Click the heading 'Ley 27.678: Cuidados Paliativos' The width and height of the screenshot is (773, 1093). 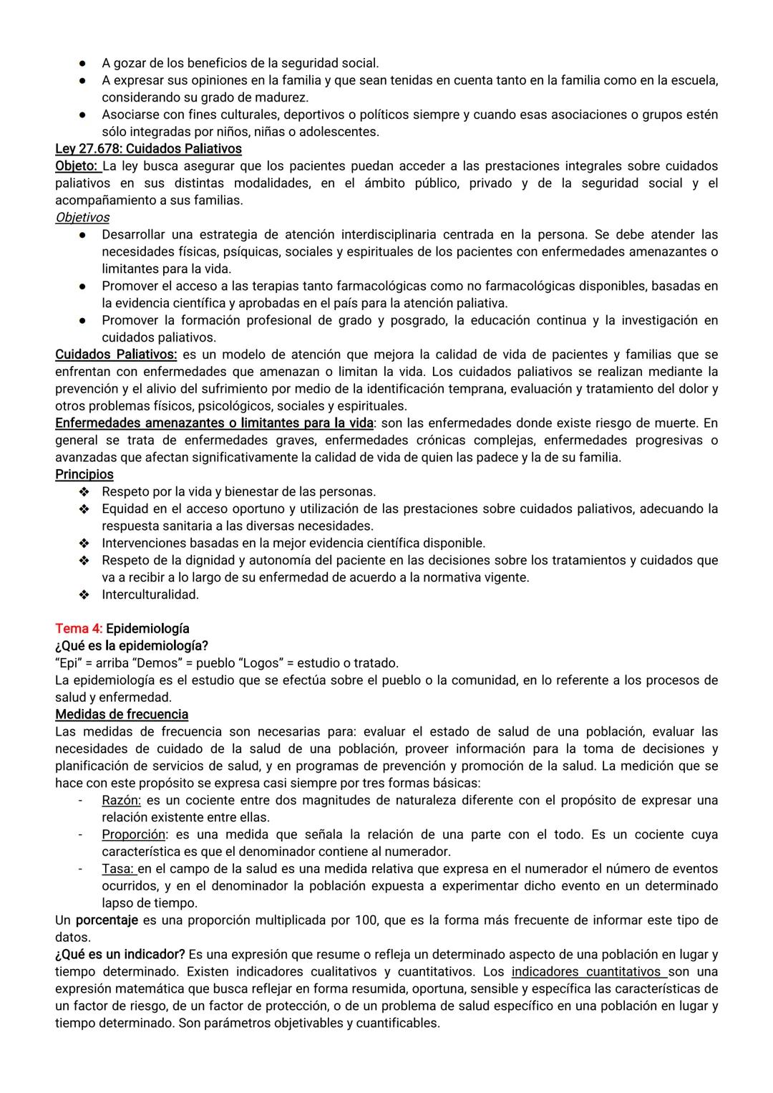point(148,149)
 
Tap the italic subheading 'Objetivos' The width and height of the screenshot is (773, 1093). point(82,217)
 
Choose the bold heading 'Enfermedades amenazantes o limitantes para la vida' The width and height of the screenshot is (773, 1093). point(214,423)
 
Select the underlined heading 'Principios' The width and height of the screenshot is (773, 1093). point(84,474)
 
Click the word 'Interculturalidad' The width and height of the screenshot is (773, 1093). point(150,594)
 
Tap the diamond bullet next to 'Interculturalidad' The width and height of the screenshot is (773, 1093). point(84,594)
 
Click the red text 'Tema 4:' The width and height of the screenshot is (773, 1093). point(79,628)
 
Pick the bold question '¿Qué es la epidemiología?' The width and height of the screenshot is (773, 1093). point(132,645)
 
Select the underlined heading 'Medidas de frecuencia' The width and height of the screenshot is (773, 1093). point(122,714)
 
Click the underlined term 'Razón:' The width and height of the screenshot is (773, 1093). point(121,800)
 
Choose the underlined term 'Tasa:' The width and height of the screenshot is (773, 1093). point(119,869)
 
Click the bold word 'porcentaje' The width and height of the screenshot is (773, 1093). point(107,920)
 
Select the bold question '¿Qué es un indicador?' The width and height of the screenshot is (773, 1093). point(120,954)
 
